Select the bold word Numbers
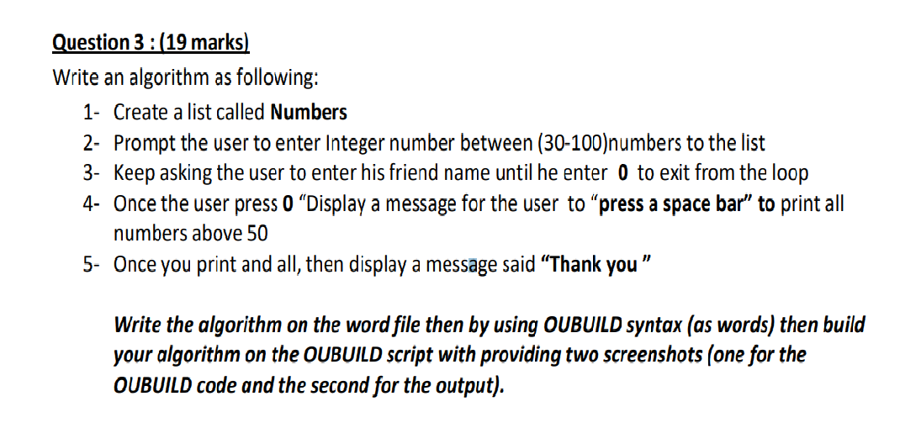pyautogui.click(x=309, y=112)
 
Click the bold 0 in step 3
pyautogui.click(x=622, y=173)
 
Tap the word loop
pyautogui.click(x=789, y=173)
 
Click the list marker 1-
pyautogui.click(x=92, y=112)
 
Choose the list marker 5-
pyautogui.click(x=92, y=264)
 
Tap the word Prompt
pyautogui.click(x=141, y=143)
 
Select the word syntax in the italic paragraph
pyautogui.click(x=662, y=325)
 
